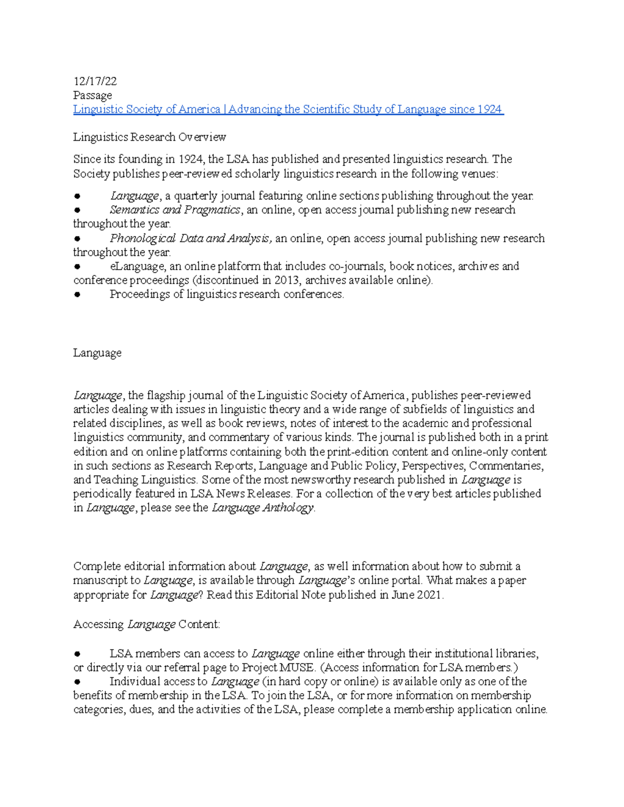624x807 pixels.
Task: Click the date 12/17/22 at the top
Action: (95, 81)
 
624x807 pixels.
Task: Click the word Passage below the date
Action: (92, 95)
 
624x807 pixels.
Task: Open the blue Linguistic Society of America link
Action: (288, 109)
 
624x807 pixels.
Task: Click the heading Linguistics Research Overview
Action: (149, 137)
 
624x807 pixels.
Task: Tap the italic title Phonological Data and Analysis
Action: (190, 239)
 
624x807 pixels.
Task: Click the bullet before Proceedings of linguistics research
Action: (77, 295)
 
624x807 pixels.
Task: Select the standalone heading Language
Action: (97, 353)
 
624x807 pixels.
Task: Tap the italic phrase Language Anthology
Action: (263, 508)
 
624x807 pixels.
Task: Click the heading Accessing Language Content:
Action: (147, 625)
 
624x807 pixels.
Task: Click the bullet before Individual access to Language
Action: (77, 682)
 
